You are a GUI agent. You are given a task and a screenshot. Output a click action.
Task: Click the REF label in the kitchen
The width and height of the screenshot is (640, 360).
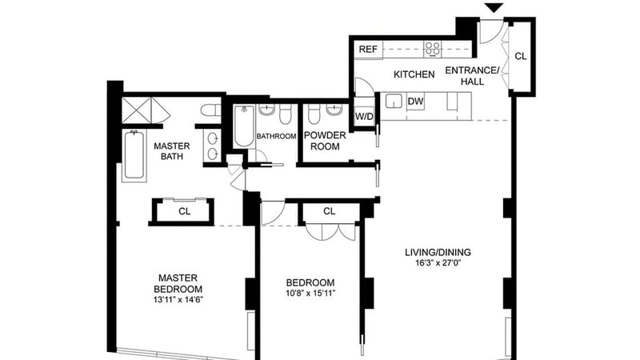(x=368, y=50)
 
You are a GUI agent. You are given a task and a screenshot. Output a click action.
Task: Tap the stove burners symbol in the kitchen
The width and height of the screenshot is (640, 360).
(x=433, y=49)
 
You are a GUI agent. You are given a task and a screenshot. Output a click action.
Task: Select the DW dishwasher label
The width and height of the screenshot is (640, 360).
(x=415, y=102)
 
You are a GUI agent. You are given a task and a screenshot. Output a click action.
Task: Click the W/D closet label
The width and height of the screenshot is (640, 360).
(x=364, y=117)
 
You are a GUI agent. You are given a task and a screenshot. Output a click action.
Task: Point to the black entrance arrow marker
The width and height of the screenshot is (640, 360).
(x=494, y=7)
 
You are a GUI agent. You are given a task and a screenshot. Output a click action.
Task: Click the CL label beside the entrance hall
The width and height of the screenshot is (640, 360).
(x=521, y=56)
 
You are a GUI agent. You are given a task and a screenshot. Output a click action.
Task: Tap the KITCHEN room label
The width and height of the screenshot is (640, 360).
(x=414, y=74)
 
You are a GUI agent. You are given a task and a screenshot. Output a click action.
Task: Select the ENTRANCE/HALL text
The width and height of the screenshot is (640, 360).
(x=472, y=75)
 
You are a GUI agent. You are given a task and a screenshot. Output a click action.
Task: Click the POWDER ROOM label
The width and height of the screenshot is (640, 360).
(x=325, y=141)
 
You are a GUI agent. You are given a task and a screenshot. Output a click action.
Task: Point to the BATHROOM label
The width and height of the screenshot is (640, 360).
(x=276, y=136)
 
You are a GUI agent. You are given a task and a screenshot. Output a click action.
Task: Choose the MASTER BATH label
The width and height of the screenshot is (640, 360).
(x=172, y=151)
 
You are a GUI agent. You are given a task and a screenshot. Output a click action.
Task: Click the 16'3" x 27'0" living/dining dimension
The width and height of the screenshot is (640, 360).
(x=438, y=263)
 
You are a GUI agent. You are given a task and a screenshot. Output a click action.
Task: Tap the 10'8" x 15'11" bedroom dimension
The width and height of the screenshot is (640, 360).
(x=310, y=293)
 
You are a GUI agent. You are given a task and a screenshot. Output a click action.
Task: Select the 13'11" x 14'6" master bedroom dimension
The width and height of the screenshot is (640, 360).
(x=178, y=299)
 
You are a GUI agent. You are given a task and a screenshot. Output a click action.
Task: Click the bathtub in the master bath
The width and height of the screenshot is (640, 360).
(x=134, y=155)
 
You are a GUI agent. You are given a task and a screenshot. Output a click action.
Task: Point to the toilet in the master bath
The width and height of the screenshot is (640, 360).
(x=210, y=110)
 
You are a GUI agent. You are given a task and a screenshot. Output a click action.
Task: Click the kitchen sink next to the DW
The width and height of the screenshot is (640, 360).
(x=394, y=102)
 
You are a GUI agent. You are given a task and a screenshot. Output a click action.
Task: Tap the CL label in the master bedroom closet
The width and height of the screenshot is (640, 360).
(x=185, y=211)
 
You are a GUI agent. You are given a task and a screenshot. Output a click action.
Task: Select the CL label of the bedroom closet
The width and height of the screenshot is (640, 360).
(x=330, y=211)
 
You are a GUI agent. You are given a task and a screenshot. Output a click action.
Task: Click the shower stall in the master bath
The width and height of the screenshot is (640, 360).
(x=137, y=110)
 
